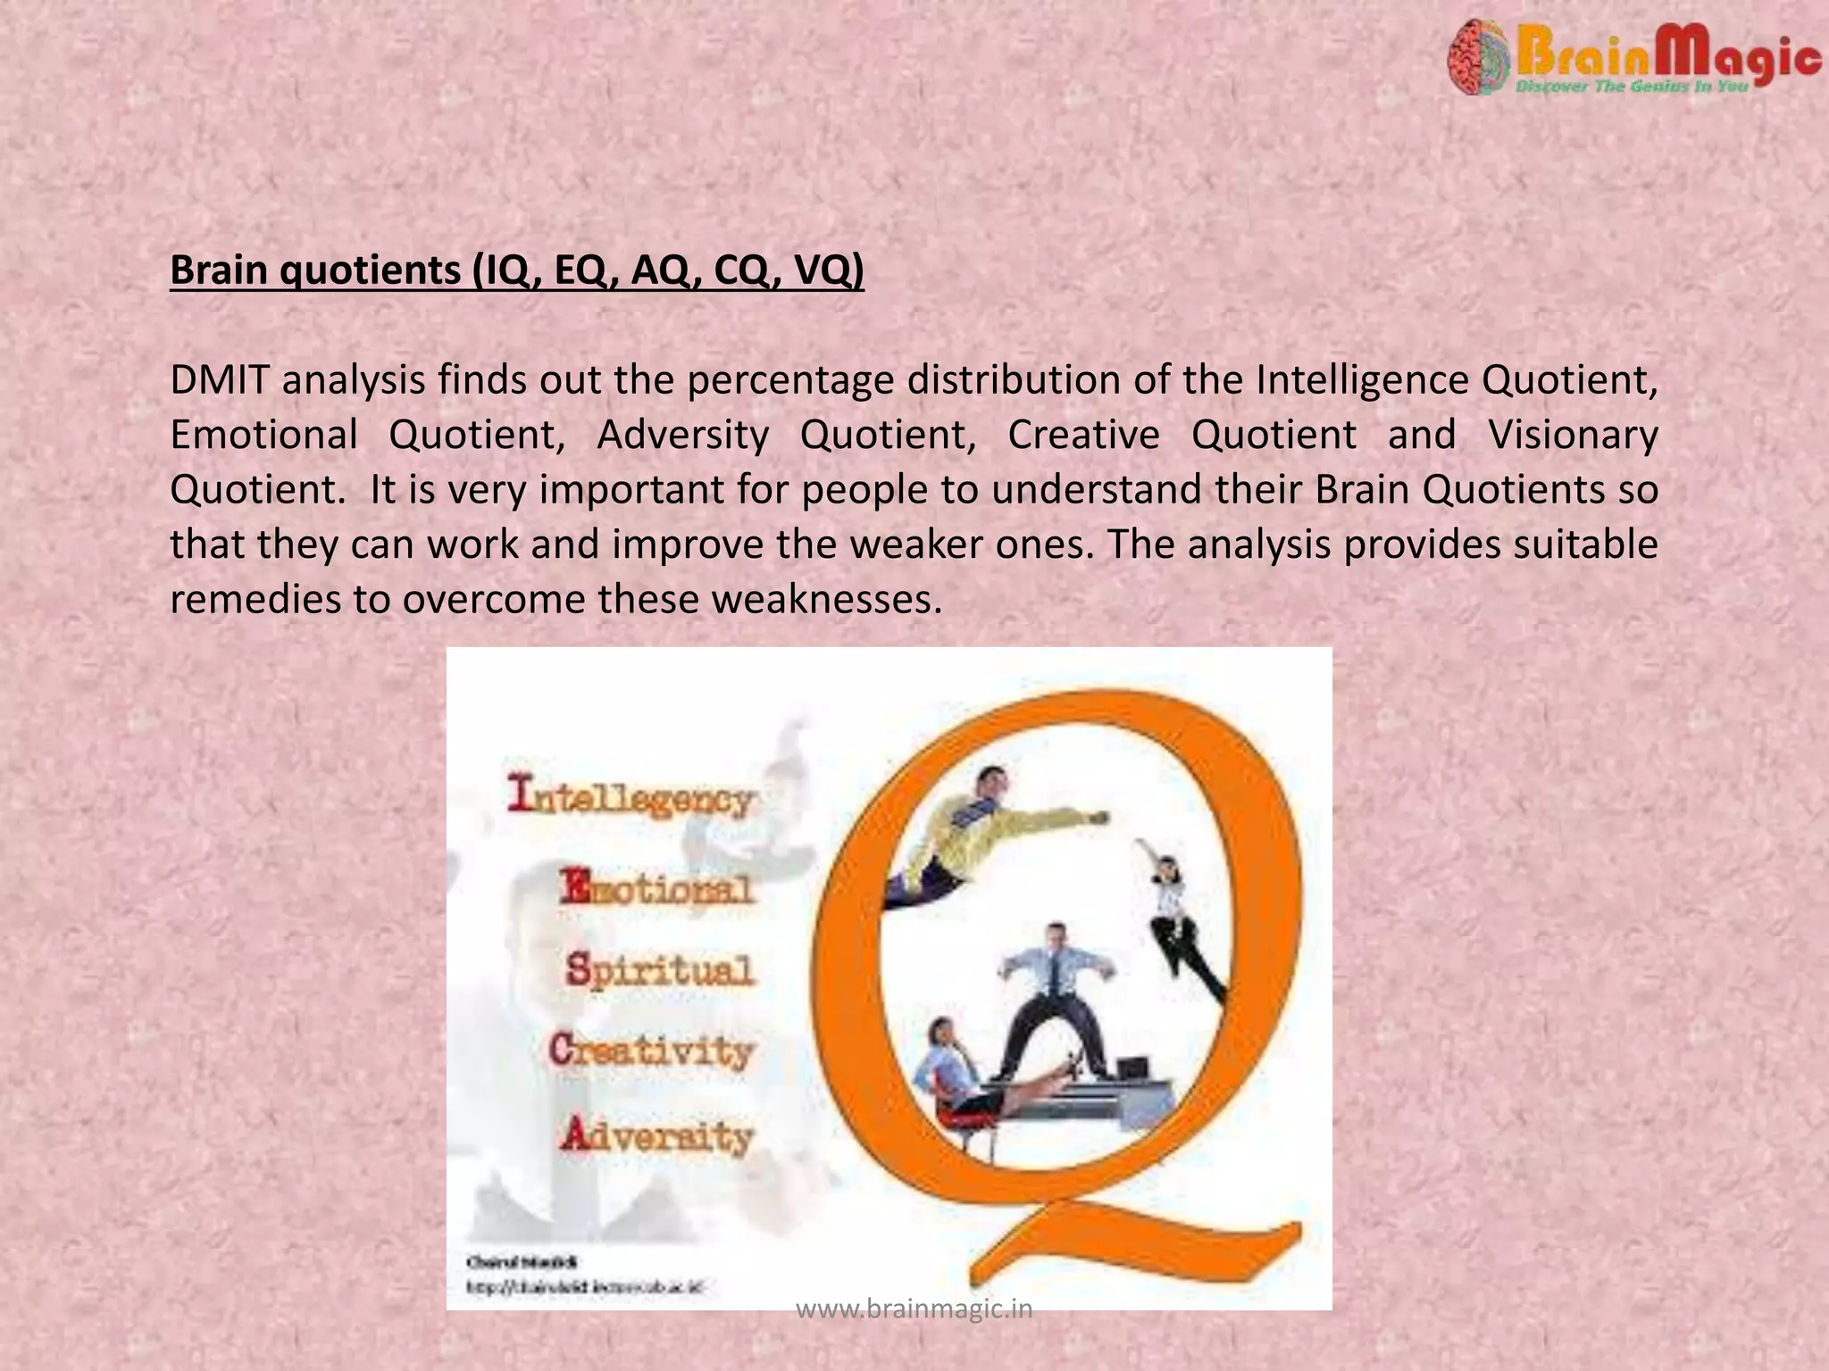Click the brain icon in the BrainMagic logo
[x=1478, y=58]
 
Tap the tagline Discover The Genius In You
[x=1632, y=87]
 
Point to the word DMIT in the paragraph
[x=220, y=380]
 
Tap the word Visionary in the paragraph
[x=1573, y=436]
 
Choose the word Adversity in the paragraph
[x=682, y=436]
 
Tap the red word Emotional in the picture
[x=657, y=888]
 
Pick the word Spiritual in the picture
[x=660, y=970]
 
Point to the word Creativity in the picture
[x=651, y=1051]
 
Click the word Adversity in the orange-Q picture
[x=657, y=1136]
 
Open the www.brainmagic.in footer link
[x=914, y=1309]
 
